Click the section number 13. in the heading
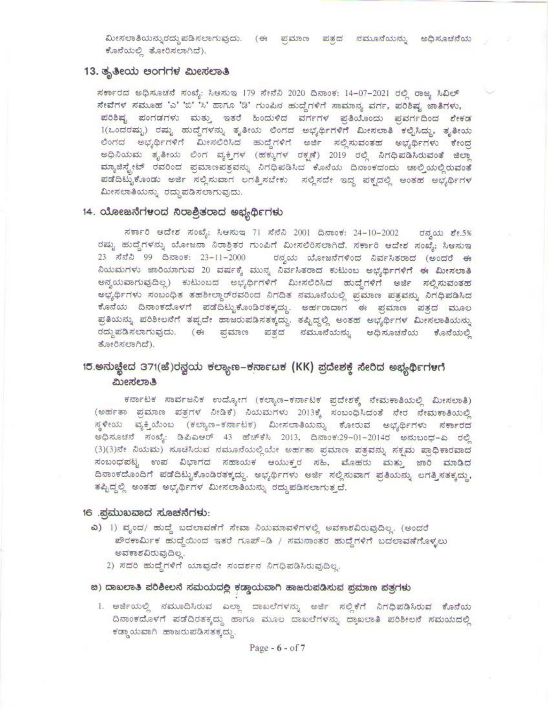[90, 71]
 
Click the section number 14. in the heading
[89, 212]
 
